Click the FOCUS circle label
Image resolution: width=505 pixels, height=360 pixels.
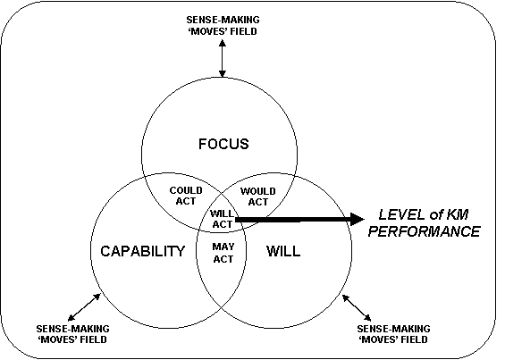coord(223,144)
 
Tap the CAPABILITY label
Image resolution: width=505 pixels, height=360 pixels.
coord(143,251)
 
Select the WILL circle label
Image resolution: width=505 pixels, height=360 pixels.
coord(283,251)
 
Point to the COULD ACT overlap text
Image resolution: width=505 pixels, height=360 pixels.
coord(186,196)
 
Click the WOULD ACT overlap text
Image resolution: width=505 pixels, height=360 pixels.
coord(258,197)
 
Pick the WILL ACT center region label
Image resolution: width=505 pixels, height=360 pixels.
coord(223,219)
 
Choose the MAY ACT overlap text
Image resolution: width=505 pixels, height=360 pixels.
coord(223,253)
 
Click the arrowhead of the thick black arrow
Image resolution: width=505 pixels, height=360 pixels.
coord(357,220)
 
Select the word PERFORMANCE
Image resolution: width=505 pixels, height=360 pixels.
coord(425,231)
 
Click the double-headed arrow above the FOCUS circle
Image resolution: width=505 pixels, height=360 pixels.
coord(223,58)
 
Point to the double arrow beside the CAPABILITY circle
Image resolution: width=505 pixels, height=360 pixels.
coord(84,307)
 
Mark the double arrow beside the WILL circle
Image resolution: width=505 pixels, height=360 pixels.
coord(357,308)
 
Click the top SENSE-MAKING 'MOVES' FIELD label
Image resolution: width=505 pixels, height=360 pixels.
coord(223,25)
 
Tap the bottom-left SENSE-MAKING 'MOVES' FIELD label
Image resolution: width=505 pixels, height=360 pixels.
coord(72,334)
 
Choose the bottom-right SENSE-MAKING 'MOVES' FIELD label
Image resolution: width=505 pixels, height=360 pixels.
coord(393,334)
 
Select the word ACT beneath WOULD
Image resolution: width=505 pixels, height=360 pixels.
coord(258,202)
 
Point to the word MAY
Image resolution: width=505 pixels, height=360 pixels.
coord(223,247)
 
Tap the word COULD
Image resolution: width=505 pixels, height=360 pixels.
coord(186,190)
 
